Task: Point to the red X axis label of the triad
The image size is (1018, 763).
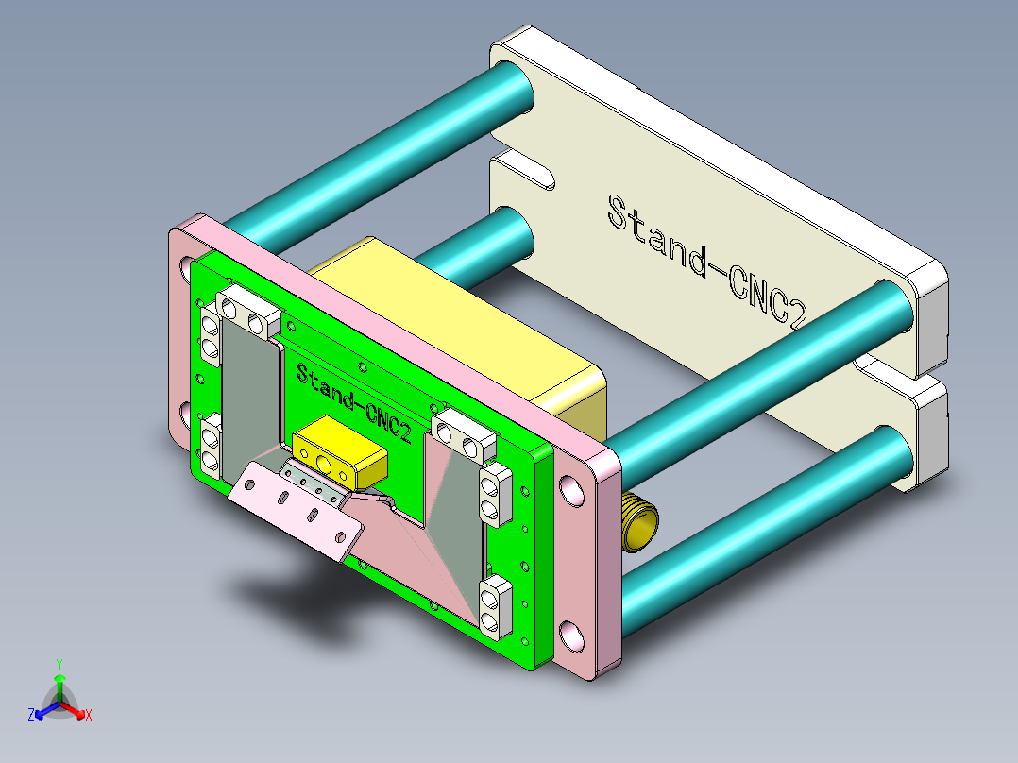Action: click(x=89, y=716)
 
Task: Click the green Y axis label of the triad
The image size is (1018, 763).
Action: click(x=59, y=664)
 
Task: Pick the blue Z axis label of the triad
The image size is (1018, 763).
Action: click(x=31, y=716)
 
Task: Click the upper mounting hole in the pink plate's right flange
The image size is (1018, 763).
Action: click(x=571, y=490)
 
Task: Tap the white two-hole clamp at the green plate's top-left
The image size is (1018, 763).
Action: click(x=247, y=313)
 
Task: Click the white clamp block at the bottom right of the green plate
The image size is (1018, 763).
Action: click(x=495, y=603)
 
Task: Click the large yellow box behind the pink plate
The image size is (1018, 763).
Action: click(x=453, y=321)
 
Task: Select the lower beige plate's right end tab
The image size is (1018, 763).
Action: click(x=929, y=434)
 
